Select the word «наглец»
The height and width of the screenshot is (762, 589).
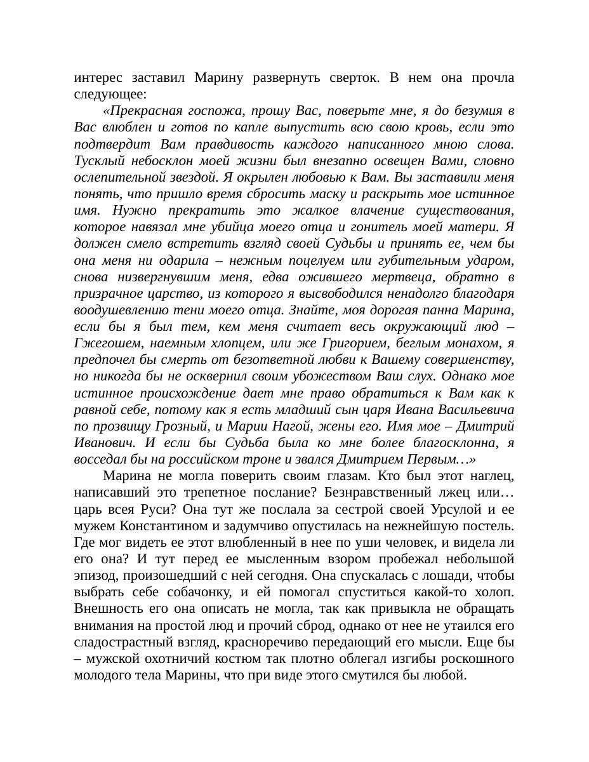coord(493,476)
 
